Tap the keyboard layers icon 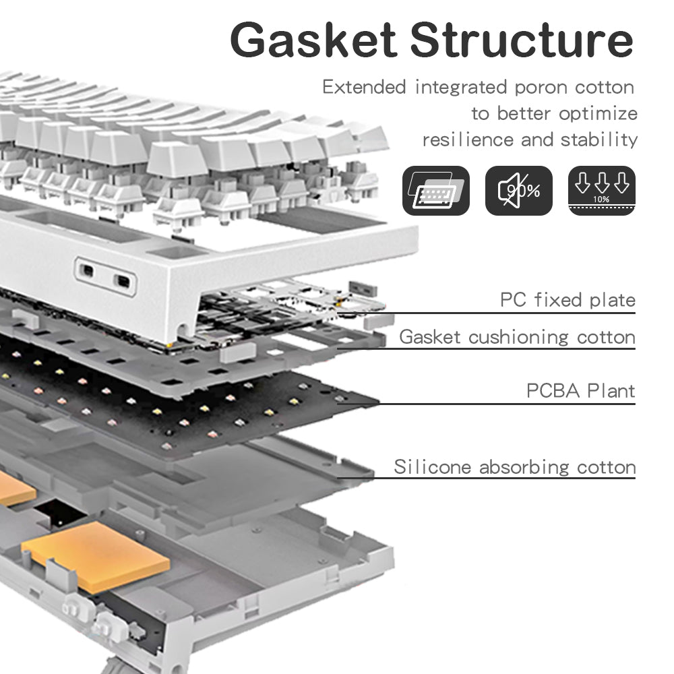435,191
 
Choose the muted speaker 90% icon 518,191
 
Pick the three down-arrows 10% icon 601,191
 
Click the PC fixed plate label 568,300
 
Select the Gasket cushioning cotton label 517,337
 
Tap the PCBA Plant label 580,390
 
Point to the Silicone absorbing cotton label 514,466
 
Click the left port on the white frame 87,271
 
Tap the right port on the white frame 122,280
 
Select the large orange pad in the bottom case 95,555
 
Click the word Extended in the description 364,88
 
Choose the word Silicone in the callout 433,466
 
